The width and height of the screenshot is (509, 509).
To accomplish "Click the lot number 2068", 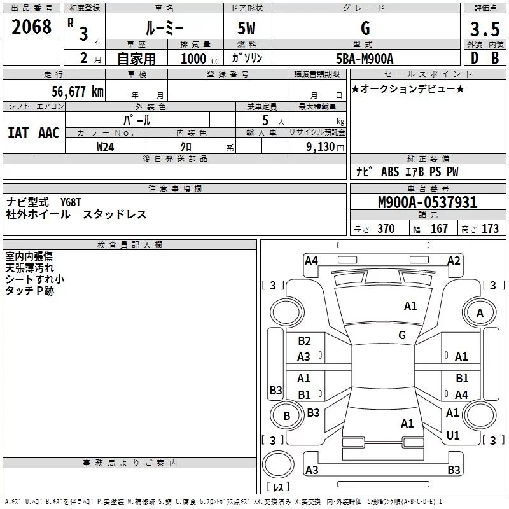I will pyautogui.click(x=31, y=27).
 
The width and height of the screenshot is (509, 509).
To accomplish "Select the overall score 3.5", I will pyautogui.click(x=484, y=29).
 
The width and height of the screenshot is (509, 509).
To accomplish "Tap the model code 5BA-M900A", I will pyautogui.click(x=365, y=59).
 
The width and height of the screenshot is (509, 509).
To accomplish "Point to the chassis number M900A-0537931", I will pyautogui.click(x=428, y=203).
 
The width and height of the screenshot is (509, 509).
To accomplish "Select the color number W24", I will pyautogui.click(x=106, y=147).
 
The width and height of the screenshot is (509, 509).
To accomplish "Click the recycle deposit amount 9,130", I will pyautogui.click(x=321, y=147).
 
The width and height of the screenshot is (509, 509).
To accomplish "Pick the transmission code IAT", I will pyautogui.click(x=18, y=133).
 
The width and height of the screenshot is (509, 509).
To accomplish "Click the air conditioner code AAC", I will pyautogui.click(x=49, y=133).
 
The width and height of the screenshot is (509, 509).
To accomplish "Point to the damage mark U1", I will pyautogui.click(x=453, y=436).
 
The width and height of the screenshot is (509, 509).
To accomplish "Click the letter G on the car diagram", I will pyautogui.click(x=402, y=335).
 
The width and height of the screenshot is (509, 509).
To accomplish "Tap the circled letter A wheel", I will pyautogui.click(x=480, y=312).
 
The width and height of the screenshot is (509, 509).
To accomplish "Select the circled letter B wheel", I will pyautogui.click(x=286, y=416).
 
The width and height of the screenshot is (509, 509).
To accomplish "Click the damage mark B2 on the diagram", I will pyautogui.click(x=304, y=341).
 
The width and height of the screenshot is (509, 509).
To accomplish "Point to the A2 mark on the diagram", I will pyautogui.click(x=454, y=260).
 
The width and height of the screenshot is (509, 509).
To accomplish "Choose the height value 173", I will pyautogui.click(x=491, y=228).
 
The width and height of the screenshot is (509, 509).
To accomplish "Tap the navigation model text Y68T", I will pyautogui.click(x=71, y=202).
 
